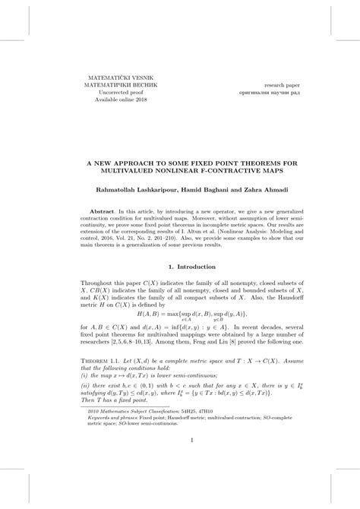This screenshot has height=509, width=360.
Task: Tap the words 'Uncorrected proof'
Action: click(112, 93)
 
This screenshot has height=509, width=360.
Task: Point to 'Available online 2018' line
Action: click(112, 100)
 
